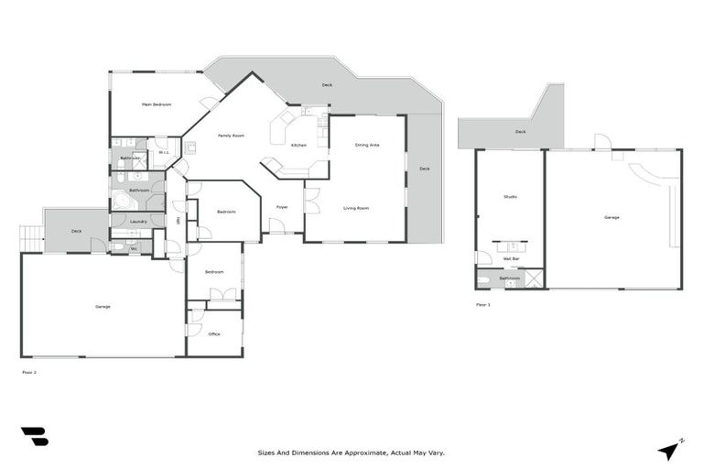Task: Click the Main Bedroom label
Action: tap(157, 104)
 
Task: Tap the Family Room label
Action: tap(231, 136)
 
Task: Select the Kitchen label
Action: tap(298, 146)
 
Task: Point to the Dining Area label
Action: tap(367, 145)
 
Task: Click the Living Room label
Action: tap(356, 209)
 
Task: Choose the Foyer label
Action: tap(283, 207)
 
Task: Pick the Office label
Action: tap(214, 333)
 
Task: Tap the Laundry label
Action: tap(138, 221)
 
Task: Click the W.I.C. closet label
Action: tap(163, 153)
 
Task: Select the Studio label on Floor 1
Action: tap(510, 197)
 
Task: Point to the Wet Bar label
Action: tap(510, 259)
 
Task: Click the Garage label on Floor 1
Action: tap(611, 217)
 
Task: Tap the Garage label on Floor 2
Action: tap(103, 306)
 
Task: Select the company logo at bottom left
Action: tap(35, 437)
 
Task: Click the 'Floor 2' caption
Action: tap(28, 372)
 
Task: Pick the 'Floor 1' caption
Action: tap(482, 304)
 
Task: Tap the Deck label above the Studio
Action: tap(520, 132)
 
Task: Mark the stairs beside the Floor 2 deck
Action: tap(31, 239)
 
